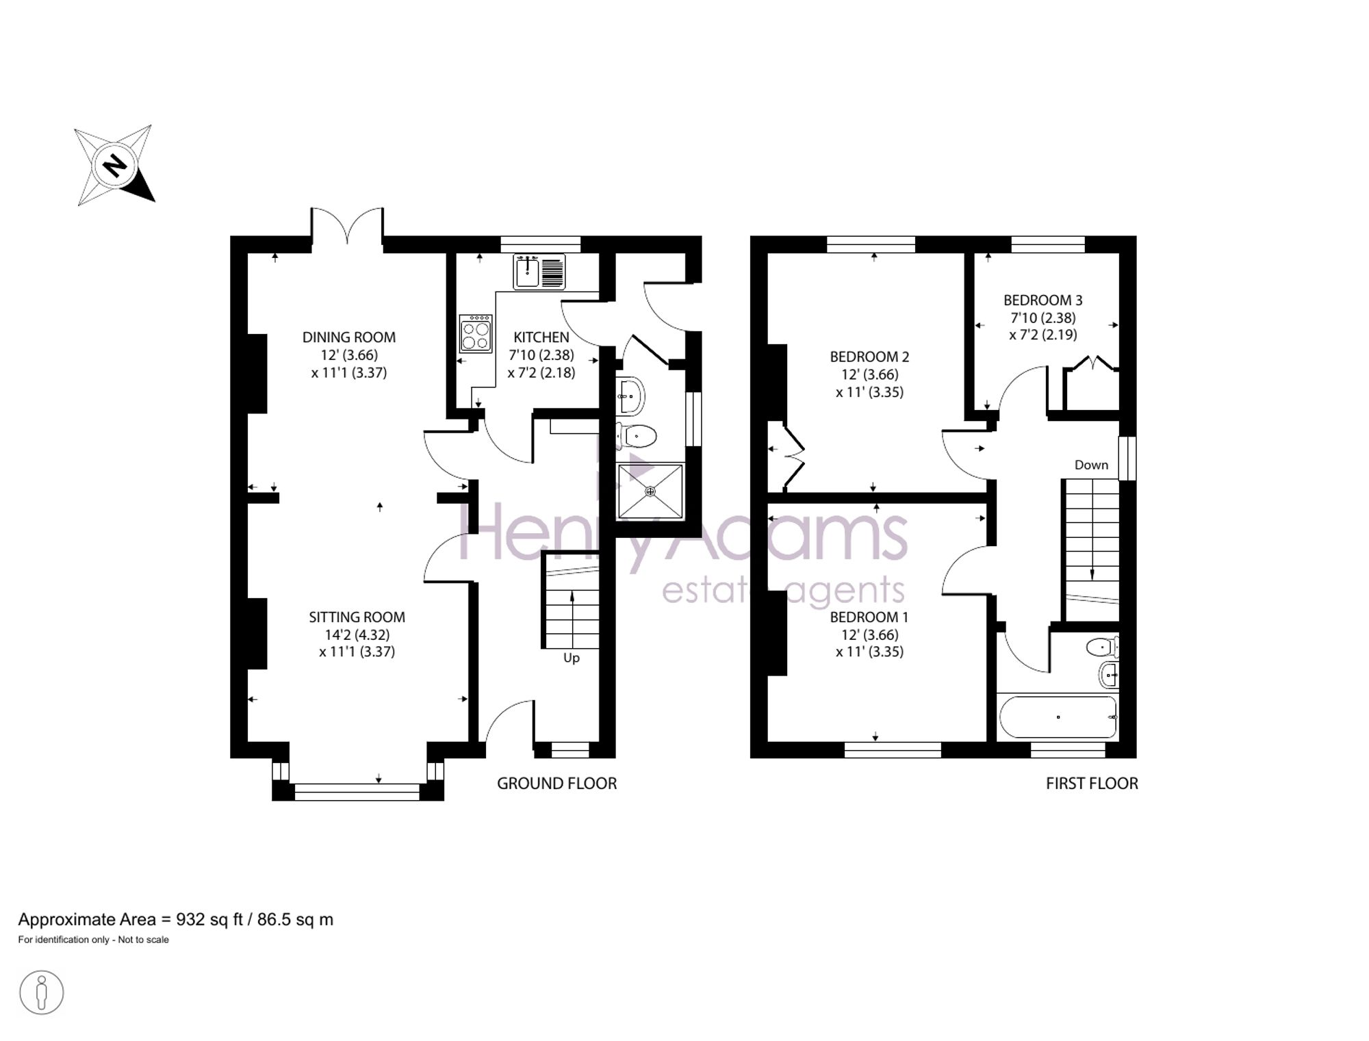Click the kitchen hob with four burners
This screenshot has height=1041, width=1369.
476,333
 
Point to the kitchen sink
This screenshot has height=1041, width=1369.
539,271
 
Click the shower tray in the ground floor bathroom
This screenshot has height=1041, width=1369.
650,491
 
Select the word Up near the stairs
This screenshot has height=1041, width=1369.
572,658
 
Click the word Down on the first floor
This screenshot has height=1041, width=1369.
1091,465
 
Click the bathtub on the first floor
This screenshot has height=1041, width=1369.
1058,717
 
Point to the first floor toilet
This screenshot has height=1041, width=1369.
1102,646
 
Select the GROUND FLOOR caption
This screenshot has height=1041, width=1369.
556,784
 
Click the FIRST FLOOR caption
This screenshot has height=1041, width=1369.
1092,784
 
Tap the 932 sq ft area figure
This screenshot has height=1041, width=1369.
209,919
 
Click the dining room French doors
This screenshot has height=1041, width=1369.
348,226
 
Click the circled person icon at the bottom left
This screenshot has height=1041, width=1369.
41,992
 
